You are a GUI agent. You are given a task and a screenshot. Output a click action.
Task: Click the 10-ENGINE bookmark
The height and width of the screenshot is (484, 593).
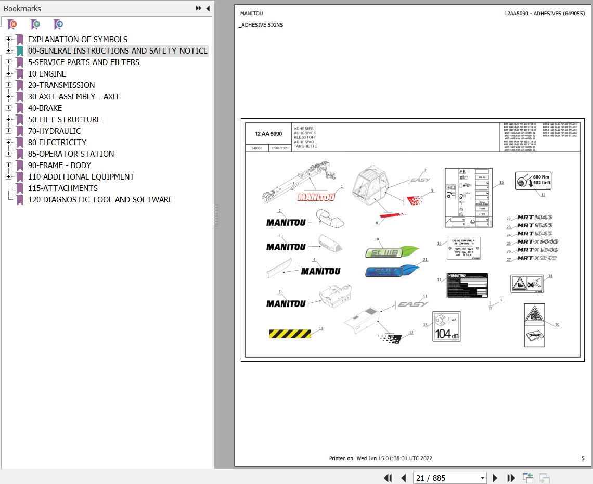coord(47,74)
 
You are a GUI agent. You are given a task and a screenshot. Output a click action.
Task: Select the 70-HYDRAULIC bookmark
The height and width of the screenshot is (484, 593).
coord(54,131)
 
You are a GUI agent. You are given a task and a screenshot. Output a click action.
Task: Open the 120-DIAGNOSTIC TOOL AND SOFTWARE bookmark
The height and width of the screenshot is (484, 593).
coord(100,200)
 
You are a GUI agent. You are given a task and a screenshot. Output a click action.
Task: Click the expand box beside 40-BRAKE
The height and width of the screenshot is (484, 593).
coord(8,108)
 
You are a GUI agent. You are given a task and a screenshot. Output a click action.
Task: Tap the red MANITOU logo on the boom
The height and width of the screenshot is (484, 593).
coord(316,197)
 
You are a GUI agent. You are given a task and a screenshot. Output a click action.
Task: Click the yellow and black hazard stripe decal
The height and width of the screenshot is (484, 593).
coord(290,334)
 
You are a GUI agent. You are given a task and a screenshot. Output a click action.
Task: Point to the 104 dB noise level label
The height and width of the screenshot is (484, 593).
coord(446,327)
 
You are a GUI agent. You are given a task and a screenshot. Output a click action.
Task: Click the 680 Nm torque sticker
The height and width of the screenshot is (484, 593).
coord(533,181)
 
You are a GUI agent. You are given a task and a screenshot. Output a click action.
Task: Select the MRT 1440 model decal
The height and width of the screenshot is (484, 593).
coord(534,218)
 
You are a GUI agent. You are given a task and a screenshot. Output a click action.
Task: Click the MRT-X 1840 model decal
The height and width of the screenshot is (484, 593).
coord(537,258)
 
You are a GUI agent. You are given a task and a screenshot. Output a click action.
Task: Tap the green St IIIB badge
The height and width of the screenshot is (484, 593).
coord(391,252)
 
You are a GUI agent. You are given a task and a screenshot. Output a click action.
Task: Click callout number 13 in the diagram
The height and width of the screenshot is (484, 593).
coord(321,329)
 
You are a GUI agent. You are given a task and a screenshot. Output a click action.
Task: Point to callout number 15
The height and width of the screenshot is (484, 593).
coord(501,183)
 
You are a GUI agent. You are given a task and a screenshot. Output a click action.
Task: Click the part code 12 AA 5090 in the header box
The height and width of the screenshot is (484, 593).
coord(268,134)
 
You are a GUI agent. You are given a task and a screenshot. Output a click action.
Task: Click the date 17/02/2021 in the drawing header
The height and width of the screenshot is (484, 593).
coord(280,148)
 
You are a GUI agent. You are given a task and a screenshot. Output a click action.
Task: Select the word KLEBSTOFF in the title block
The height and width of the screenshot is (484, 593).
coord(305,137)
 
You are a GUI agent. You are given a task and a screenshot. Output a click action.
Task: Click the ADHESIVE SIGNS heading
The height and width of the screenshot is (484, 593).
coord(262,25)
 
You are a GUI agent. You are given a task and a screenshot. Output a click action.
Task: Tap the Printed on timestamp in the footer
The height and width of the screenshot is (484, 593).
coord(380,458)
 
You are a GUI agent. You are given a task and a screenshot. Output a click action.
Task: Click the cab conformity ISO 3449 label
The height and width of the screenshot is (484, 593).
coord(463,249)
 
